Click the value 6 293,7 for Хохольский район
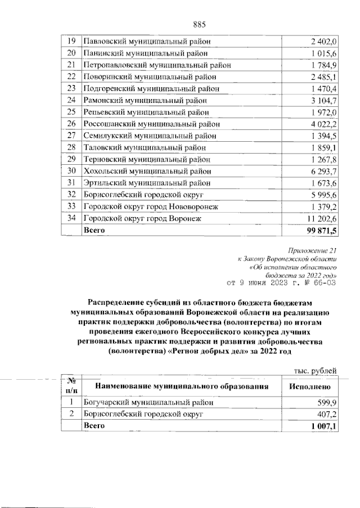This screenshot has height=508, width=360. coord(323,172)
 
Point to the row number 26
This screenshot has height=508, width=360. coord(71,124)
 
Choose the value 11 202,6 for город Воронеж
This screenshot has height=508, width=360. coord(321,219)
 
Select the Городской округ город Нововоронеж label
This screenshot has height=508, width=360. coord(150,207)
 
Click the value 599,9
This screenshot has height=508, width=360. coord(326,403)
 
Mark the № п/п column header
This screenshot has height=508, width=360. coord(71,386)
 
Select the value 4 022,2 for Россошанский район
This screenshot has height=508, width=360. coord(323,124)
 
